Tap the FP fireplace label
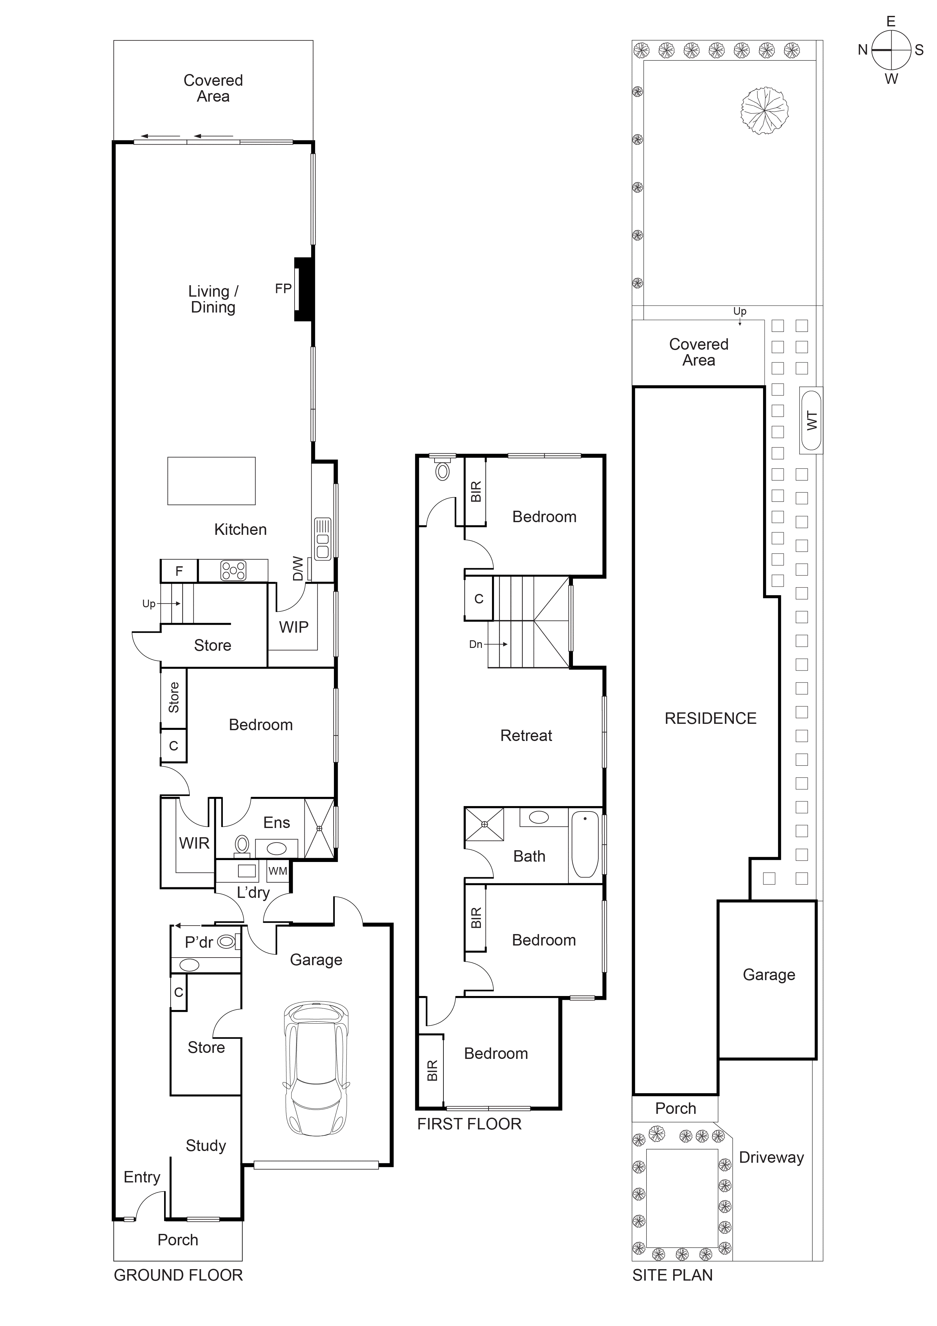coord(283,289)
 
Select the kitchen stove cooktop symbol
coord(233,571)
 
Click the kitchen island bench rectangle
coord(211,481)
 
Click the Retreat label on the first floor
coord(526,736)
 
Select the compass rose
coord(891,50)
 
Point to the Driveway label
coord(771,1157)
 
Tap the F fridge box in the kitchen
coord(179,571)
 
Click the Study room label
coord(206,1146)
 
